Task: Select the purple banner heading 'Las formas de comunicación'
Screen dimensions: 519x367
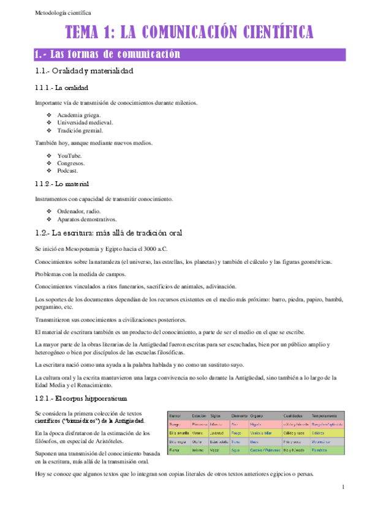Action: (108, 54)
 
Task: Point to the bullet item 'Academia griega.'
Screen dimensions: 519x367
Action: (79, 114)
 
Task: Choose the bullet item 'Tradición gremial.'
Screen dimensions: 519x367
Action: (80, 130)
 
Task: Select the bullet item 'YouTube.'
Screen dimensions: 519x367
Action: (69, 156)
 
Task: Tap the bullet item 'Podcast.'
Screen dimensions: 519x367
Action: (69, 171)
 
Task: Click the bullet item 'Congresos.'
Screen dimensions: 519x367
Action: (71, 163)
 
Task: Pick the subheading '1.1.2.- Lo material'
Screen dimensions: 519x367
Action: (62, 184)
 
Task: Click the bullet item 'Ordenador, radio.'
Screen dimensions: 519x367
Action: (80, 211)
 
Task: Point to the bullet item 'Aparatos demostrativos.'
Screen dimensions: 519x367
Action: (87, 219)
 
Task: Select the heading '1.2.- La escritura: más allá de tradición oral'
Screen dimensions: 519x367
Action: (108, 233)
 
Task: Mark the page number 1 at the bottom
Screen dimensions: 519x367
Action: (344, 487)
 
